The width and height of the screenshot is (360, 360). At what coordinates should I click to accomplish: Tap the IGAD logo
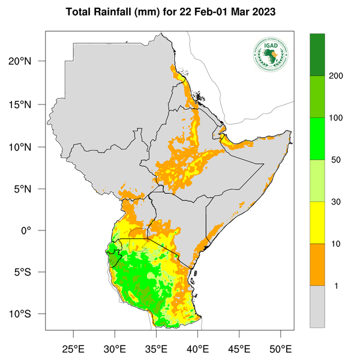tap(271, 53)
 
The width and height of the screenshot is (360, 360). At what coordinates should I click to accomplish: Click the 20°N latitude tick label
tap(28, 61)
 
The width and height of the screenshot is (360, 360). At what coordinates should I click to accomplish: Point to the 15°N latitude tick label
tap(28, 104)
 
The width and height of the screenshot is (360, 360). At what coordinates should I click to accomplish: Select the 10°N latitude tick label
tap(28, 147)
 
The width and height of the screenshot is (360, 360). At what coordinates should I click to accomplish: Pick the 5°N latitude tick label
tap(30, 189)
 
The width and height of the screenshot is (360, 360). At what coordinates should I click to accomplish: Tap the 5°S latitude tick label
tap(30, 272)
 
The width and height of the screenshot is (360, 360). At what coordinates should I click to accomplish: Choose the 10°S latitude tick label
tap(28, 314)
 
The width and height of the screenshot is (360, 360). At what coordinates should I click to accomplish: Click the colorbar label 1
tap(336, 286)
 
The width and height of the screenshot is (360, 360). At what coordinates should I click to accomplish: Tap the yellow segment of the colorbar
tap(317, 222)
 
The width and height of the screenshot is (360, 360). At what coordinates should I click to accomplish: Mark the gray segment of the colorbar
tap(317, 306)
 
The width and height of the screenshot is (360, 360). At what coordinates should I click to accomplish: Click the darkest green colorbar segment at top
tap(317, 55)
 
